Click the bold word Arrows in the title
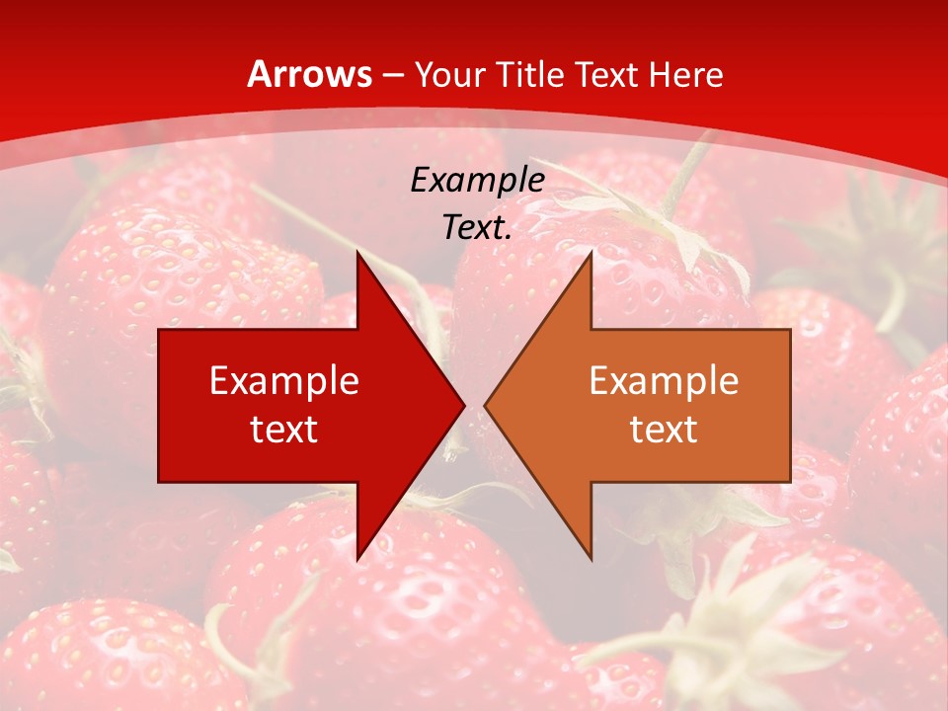(309, 74)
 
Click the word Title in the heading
(530, 74)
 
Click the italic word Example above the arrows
(477, 180)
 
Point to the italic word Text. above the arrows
(477, 228)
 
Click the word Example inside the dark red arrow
(284, 380)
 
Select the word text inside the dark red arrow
(284, 429)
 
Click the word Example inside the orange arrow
(664, 380)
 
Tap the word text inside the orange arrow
(664, 429)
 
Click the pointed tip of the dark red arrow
(463, 405)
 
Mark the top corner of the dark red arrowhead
(357, 254)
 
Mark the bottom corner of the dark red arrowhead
(357, 558)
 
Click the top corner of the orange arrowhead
(591, 254)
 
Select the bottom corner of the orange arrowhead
(591, 558)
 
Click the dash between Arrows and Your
(392, 76)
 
